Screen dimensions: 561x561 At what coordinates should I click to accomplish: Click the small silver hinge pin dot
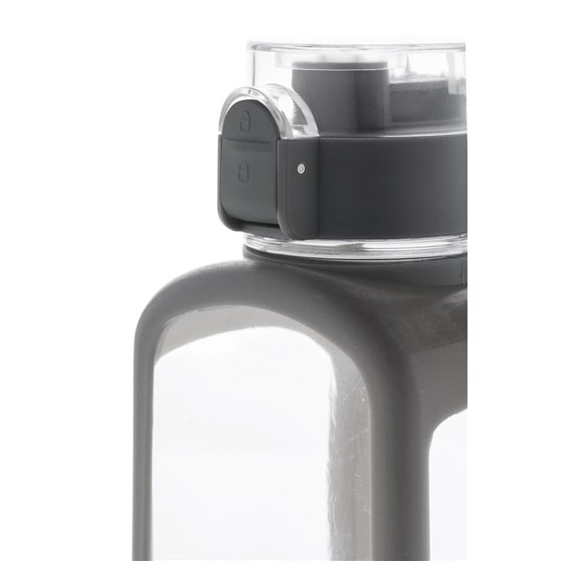pyautogui.click(x=300, y=169)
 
